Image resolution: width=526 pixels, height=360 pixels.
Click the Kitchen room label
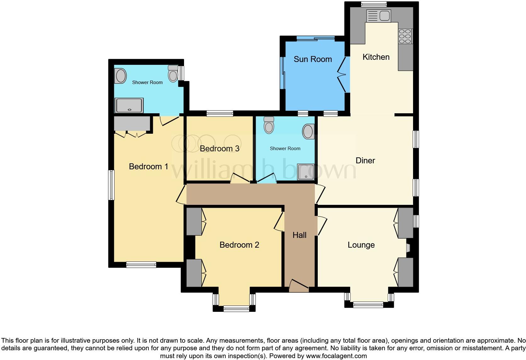click(x=376, y=57)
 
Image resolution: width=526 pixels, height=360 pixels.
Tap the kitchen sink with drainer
click(x=379, y=16)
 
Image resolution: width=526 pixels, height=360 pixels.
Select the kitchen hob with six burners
click(x=405, y=36)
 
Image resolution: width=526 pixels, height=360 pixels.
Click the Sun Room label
click(x=313, y=59)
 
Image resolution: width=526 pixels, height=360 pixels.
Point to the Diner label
click(x=365, y=160)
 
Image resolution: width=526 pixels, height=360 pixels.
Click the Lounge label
click(x=361, y=245)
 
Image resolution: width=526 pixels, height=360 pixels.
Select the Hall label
click(x=299, y=235)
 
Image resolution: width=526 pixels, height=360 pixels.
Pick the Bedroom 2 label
click(x=239, y=245)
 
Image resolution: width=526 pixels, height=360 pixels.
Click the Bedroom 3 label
click(x=220, y=149)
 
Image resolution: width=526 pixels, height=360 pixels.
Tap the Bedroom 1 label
click(x=148, y=166)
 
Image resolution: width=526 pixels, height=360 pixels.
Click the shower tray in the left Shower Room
click(x=129, y=105)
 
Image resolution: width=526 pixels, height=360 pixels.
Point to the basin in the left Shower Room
click(x=120, y=76)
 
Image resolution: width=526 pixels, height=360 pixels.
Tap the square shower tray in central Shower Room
click(x=305, y=172)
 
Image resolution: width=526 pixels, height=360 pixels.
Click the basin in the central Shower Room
click(x=308, y=131)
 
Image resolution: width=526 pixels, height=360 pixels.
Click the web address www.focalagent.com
click(x=336, y=356)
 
